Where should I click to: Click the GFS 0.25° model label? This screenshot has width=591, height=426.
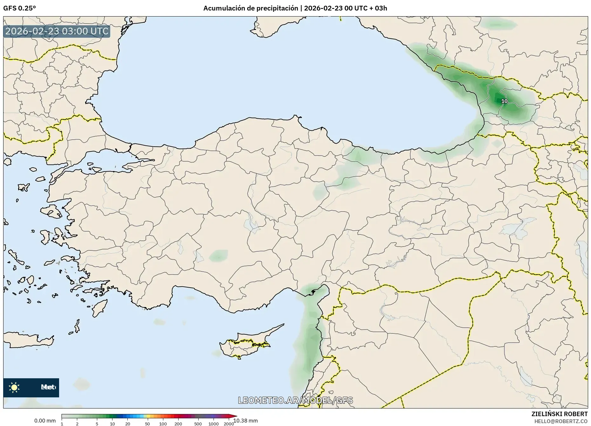19,8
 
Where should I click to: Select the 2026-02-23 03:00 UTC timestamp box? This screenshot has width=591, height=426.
57,31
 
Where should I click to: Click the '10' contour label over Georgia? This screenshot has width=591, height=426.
504,101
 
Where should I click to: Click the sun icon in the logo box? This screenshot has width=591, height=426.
14,387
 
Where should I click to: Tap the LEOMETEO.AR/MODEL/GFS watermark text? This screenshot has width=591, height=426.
295,400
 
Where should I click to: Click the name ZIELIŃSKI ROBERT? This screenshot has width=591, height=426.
559,414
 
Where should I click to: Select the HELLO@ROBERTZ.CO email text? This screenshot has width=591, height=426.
561,421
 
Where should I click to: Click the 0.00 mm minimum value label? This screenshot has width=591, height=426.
45,421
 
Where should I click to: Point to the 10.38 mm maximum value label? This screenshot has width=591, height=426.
246,421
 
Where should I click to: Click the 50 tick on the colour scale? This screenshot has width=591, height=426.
147,424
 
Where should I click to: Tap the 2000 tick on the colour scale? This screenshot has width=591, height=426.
229,424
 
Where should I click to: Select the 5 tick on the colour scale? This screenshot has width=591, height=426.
97,424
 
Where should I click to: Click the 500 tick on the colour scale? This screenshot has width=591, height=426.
198,424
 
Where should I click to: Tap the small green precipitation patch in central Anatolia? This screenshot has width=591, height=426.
219,255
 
